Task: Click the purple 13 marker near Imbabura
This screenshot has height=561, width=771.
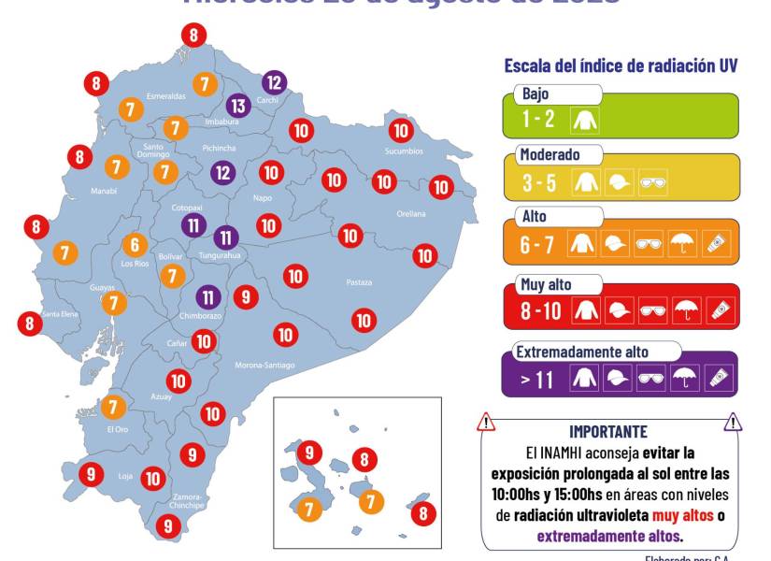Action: click(238, 105)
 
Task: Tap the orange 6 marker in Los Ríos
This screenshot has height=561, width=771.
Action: click(135, 245)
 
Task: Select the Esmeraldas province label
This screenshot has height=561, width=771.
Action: click(168, 94)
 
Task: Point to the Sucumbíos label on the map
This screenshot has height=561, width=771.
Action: click(404, 151)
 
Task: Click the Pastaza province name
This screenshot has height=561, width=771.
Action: click(359, 281)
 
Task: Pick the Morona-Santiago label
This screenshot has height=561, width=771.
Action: click(264, 365)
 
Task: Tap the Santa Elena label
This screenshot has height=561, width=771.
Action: click(57, 314)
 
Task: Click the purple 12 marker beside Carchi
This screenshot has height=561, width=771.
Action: click(273, 82)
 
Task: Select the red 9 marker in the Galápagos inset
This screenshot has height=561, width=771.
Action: click(308, 453)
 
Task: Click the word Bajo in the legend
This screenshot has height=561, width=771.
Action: click(535, 94)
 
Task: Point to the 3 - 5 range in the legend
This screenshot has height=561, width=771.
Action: click(540, 183)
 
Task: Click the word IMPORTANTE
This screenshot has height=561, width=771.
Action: click(607, 431)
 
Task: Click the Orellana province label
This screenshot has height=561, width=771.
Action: click(410, 213)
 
